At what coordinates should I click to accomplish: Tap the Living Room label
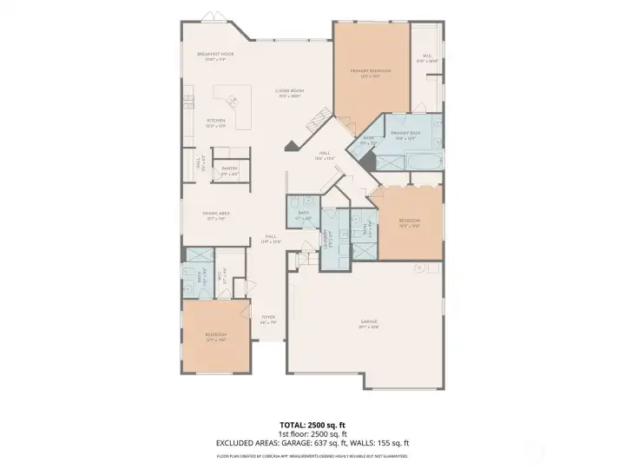[289, 93]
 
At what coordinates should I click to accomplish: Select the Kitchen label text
[215, 122]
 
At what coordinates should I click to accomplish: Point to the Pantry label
[230, 171]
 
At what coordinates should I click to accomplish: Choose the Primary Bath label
[408, 135]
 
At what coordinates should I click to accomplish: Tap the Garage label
[369, 324]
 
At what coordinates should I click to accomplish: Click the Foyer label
[268, 319]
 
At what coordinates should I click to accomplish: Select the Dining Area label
[215, 215]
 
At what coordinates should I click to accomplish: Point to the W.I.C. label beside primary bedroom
[425, 58]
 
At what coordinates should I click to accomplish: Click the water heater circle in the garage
[419, 269]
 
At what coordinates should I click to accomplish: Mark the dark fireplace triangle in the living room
[292, 147]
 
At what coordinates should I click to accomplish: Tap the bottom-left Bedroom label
[215, 337]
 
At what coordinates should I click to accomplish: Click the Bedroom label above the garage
[409, 223]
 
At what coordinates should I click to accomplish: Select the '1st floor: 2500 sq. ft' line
[312, 433]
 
